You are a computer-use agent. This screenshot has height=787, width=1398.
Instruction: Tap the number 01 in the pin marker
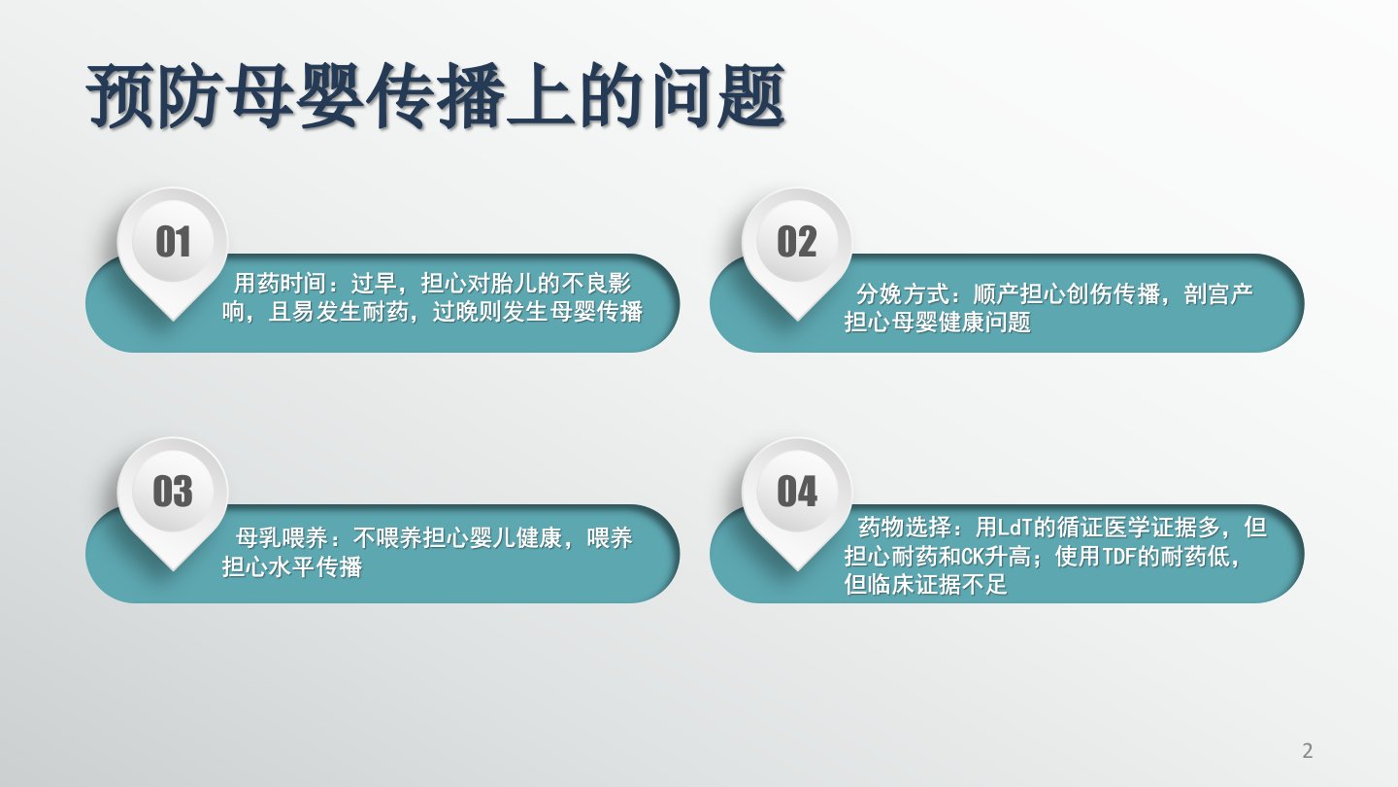click(x=173, y=242)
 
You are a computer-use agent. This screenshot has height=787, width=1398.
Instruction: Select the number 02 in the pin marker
click(x=797, y=242)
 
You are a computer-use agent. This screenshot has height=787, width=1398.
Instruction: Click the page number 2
click(x=1308, y=750)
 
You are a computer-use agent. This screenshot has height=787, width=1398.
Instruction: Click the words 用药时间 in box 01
click(x=280, y=284)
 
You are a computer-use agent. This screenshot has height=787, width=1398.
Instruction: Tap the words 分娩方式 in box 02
click(x=902, y=293)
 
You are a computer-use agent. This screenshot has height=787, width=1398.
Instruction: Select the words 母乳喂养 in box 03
click(x=282, y=538)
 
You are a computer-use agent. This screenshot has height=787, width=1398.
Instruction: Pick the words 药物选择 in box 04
click(x=905, y=528)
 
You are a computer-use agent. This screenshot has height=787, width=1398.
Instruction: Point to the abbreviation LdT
click(x=1015, y=528)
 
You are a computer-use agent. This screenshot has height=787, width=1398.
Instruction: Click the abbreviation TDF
click(x=1119, y=557)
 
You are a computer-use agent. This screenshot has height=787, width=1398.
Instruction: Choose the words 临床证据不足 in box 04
click(x=938, y=585)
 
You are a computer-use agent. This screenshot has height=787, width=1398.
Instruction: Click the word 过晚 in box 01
click(x=455, y=312)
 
